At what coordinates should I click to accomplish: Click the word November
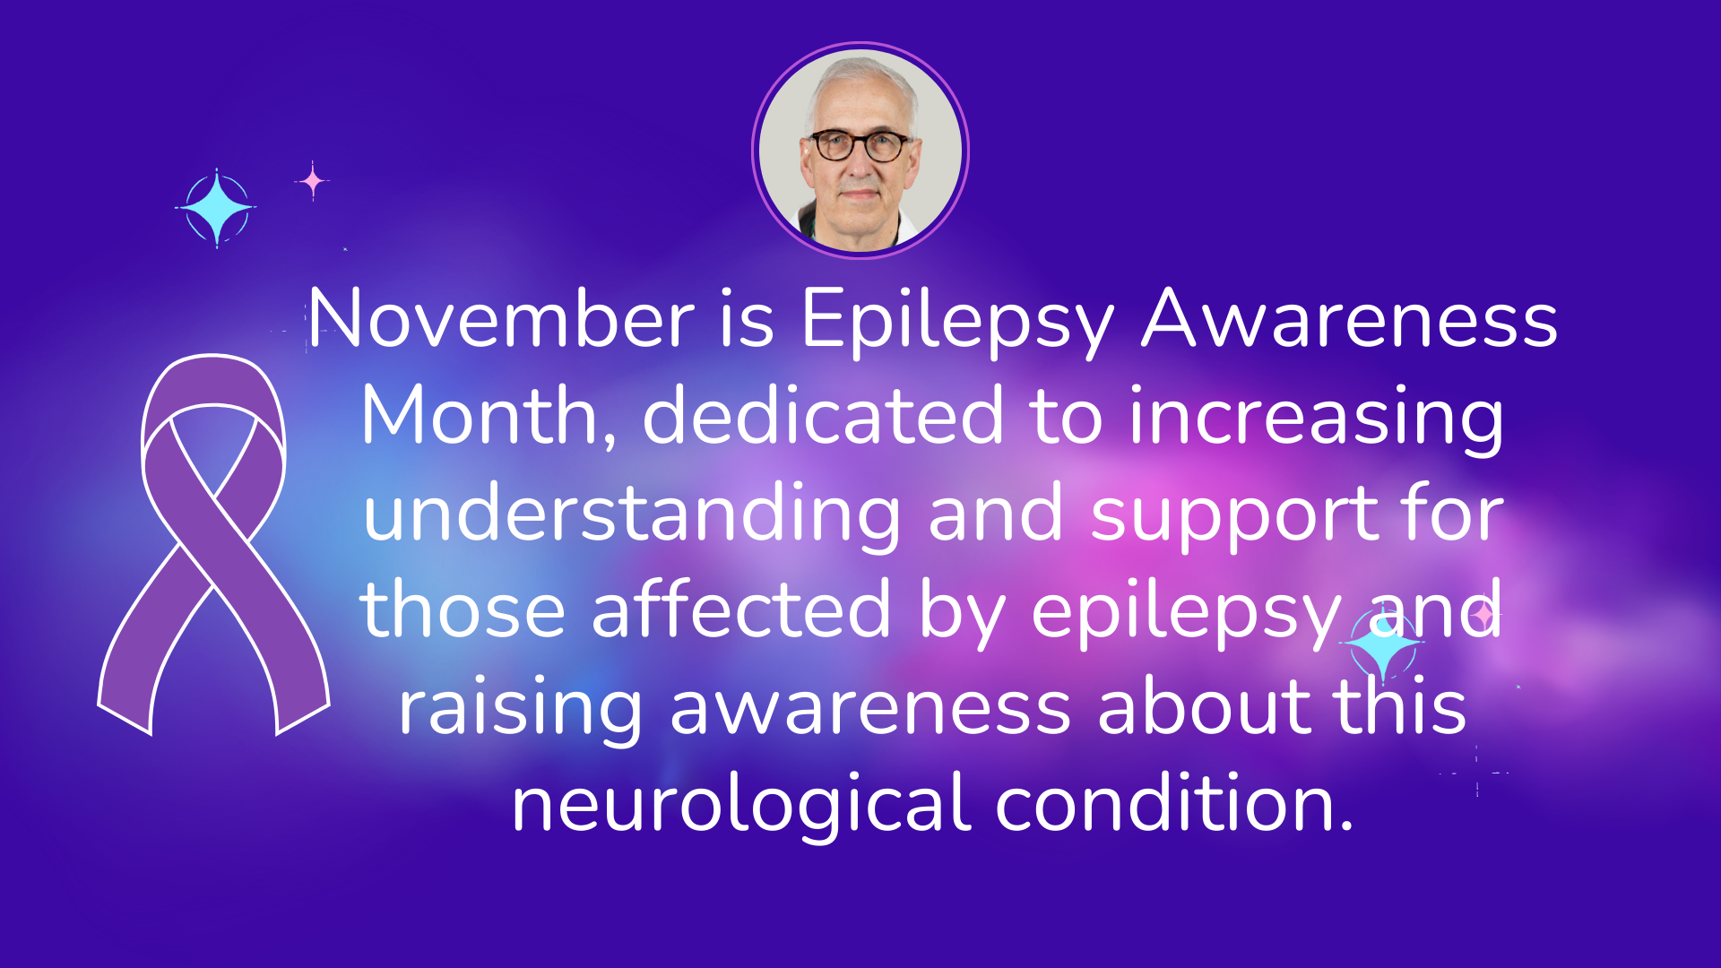click(502, 318)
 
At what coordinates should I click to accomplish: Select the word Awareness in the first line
click(1349, 319)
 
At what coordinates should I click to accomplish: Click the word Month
click(489, 415)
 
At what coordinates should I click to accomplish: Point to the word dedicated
click(823, 415)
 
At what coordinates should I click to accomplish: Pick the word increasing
click(1316, 419)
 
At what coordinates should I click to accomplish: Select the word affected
click(740, 609)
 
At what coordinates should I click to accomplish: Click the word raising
click(521, 710)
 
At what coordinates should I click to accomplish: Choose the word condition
click(1174, 802)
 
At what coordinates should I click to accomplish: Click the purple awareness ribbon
click(213, 544)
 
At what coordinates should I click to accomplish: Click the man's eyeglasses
click(860, 145)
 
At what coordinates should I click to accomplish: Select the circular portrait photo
click(860, 150)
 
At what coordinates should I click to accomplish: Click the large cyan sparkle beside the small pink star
click(216, 208)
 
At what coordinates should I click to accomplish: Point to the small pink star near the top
click(312, 181)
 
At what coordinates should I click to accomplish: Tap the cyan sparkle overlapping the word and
click(1383, 644)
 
